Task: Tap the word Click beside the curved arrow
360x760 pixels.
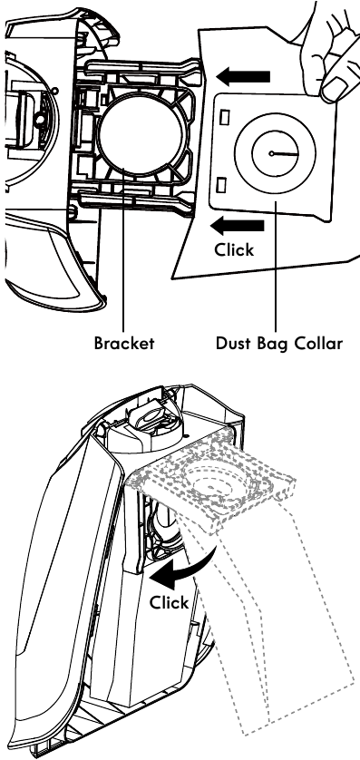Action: (x=170, y=602)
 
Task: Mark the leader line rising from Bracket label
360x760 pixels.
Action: (x=122, y=272)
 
